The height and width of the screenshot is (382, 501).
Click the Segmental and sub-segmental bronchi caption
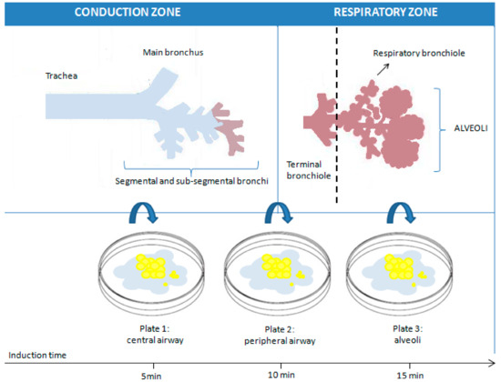click(191, 183)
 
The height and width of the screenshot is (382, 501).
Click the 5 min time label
click(140, 373)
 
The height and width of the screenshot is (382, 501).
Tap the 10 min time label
click(269, 373)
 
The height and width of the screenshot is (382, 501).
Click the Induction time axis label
click(37, 355)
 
